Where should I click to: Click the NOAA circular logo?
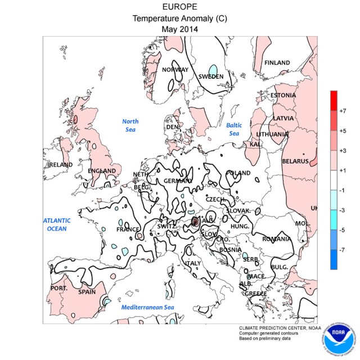pos(340,340)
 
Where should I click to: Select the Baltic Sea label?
pos(233,129)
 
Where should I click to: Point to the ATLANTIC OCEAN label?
pos(57,224)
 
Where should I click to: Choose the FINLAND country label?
pos(277,62)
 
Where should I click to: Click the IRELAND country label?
pos(60,164)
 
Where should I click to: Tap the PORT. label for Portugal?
pos(59,288)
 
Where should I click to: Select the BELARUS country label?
pos(295,161)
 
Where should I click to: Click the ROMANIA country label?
pos(277,238)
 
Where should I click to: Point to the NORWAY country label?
pos(175,70)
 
